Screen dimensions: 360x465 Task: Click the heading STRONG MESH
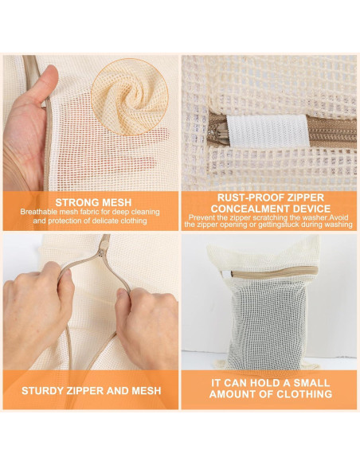(x=93, y=202)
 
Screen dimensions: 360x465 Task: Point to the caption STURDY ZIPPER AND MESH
(x=92, y=391)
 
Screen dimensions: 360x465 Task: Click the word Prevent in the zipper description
(x=200, y=217)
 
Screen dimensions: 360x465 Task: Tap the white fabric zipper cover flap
(x=268, y=131)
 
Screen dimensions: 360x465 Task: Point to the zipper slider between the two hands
(x=103, y=249)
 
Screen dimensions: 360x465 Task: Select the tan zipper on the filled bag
(x=274, y=272)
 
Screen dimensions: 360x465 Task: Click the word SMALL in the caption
(x=311, y=383)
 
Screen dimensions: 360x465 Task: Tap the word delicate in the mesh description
(x=105, y=221)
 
